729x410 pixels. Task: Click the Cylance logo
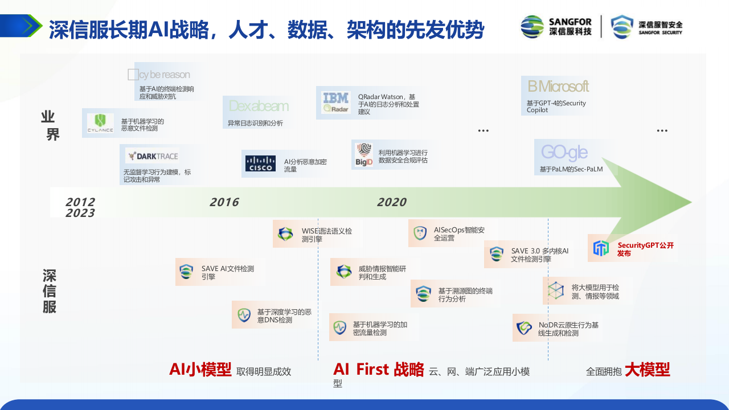click(100, 122)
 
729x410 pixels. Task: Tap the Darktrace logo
click(152, 156)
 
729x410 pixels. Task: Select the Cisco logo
click(260, 163)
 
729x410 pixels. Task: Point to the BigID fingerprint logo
click(364, 154)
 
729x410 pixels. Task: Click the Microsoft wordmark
click(558, 87)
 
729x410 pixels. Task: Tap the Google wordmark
click(564, 152)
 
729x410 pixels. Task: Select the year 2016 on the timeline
click(224, 202)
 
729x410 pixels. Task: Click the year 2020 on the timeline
click(392, 202)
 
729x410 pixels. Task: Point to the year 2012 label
click(80, 202)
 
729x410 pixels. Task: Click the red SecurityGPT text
click(645, 249)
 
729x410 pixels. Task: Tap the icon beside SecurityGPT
click(601, 248)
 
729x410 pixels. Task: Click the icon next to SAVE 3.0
click(497, 254)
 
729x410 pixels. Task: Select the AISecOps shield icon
click(420, 233)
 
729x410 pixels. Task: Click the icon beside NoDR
click(524, 328)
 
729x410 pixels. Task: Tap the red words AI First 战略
click(379, 370)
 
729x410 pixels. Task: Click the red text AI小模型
click(200, 370)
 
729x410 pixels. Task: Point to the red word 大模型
click(647, 370)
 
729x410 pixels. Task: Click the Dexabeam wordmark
click(259, 106)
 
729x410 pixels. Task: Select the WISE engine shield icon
click(285, 234)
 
